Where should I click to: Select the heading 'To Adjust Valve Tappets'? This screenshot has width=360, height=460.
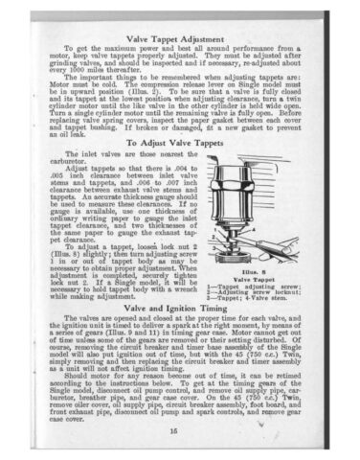point(180,141)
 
